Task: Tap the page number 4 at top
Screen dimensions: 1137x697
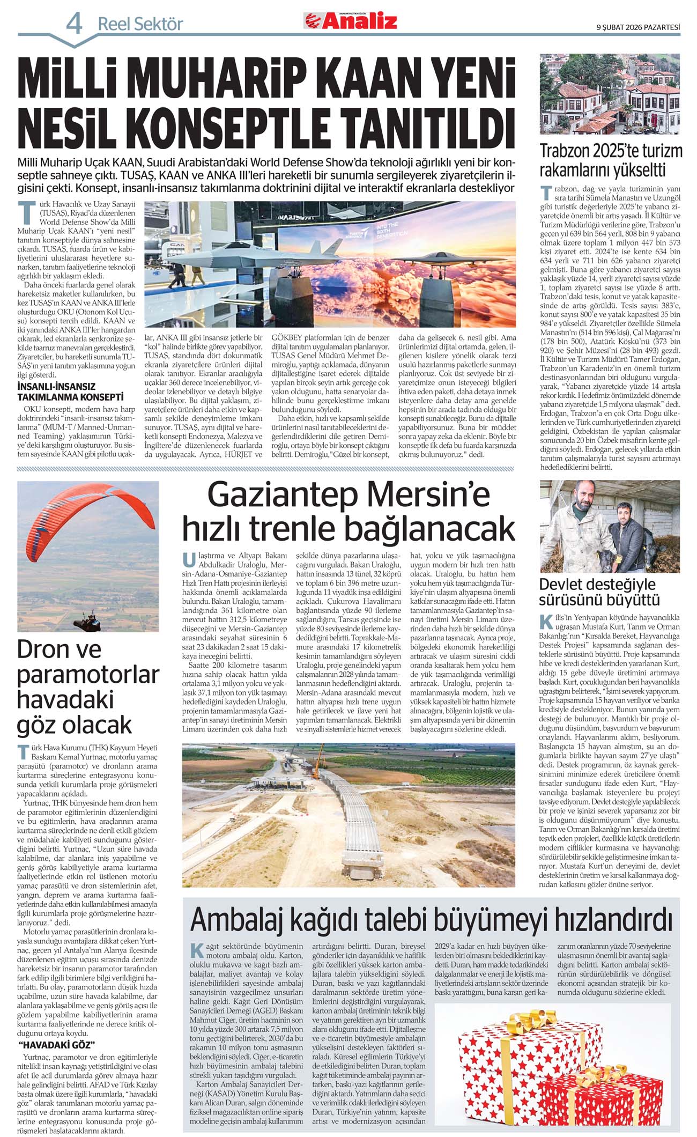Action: click(x=75, y=24)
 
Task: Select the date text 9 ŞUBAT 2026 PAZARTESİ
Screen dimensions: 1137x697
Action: click(x=637, y=27)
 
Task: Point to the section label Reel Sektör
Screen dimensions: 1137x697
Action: click(x=140, y=24)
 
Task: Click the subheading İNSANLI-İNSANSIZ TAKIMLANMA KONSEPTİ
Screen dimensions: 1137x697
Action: click(x=70, y=392)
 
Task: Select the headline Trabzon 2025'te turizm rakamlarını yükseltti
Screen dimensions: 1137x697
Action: click(x=610, y=160)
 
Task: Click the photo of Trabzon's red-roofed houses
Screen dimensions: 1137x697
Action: click(x=610, y=94)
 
